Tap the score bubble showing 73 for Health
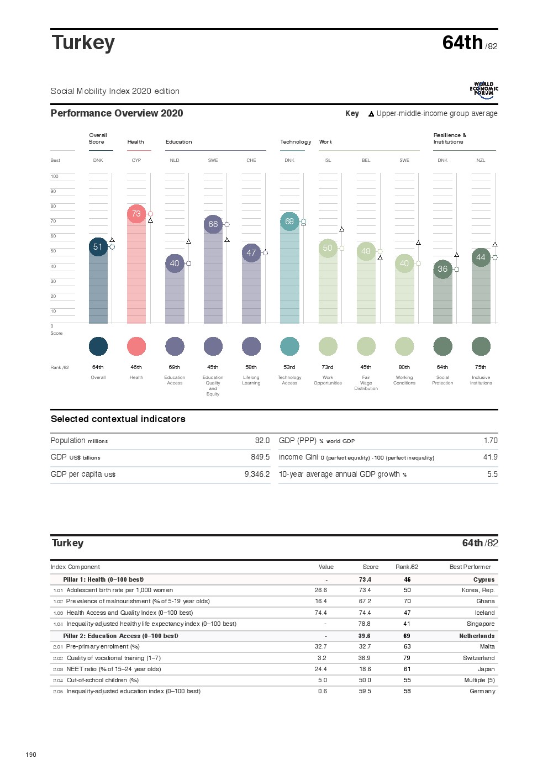coord(136,214)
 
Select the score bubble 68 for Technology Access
coord(289,222)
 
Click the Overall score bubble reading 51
coord(98,247)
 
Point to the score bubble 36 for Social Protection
coord(442,269)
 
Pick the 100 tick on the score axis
coord(54,177)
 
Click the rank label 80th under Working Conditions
coord(404,367)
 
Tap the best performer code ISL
coord(328,161)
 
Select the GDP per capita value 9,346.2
coord(257,475)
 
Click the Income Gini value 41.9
coord(490,457)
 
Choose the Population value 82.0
coord(262,441)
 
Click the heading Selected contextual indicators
coord(118,419)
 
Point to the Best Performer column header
coord(470,567)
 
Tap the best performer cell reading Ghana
coord(486,602)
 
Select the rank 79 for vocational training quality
coord(407,658)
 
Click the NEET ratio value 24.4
coord(320,669)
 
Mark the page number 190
coord(31,755)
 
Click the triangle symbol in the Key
coord(371,114)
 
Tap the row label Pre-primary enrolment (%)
coord(103,647)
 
